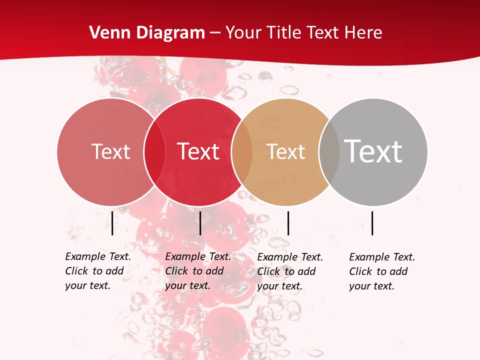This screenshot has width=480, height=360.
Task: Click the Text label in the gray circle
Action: coord(373,151)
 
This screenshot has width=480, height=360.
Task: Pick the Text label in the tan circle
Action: coord(285,151)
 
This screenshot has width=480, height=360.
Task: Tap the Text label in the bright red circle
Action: coord(198,151)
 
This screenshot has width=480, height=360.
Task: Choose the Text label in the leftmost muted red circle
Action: coord(110,151)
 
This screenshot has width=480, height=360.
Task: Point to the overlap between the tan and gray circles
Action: coord(329,151)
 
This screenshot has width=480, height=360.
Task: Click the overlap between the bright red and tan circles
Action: coord(242,151)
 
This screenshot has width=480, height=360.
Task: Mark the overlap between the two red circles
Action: coord(154,151)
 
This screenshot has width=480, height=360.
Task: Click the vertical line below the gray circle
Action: coord(372,223)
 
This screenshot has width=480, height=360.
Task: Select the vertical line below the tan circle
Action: coord(288,223)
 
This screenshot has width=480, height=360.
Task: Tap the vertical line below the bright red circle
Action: coord(200,223)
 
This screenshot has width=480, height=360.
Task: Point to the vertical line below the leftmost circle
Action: coord(112,223)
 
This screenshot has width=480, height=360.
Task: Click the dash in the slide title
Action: coord(215,33)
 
